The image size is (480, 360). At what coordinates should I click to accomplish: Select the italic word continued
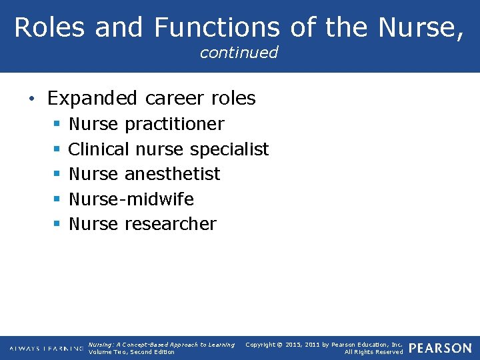pyautogui.click(x=239, y=53)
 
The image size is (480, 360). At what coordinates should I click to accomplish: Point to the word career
pyautogui.click(x=167, y=99)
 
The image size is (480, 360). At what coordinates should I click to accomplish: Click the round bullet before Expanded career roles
pyautogui.click(x=33, y=99)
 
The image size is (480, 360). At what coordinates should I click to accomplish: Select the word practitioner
pyautogui.click(x=174, y=125)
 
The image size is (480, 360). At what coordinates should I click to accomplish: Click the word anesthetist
pyautogui.click(x=172, y=174)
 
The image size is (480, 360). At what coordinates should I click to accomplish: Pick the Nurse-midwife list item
pyautogui.click(x=131, y=199)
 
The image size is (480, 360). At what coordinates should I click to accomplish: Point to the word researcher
pyautogui.click(x=170, y=224)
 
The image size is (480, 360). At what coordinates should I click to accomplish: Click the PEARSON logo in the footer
pyautogui.click(x=440, y=349)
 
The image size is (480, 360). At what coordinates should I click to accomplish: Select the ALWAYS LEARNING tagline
pyautogui.click(x=46, y=349)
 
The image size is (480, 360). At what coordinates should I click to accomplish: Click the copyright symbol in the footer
pyautogui.click(x=281, y=345)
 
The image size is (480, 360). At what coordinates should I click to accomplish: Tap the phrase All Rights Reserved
pyautogui.click(x=373, y=352)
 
